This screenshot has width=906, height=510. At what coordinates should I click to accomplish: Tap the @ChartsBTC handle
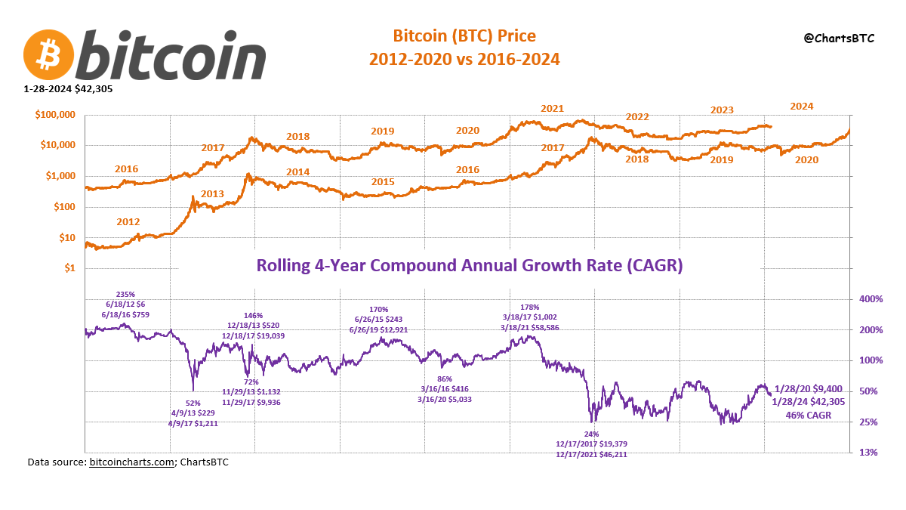click(x=838, y=38)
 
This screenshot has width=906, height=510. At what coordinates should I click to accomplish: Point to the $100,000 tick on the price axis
click(x=55, y=115)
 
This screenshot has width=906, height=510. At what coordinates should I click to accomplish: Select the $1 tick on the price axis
click(x=69, y=268)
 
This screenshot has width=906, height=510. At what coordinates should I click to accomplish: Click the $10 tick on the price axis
click(x=66, y=238)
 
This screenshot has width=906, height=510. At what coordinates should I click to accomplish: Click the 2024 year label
click(x=801, y=107)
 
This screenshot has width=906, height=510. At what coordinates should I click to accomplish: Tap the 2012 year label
click(x=128, y=222)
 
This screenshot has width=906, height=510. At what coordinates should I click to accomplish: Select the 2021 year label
click(x=552, y=109)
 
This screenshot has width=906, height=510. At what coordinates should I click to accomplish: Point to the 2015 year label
click(x=383, y=182)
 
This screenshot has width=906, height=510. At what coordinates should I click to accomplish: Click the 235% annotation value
click(x=125, y=294)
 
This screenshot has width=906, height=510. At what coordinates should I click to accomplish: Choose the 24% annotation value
click(x=591, y=434)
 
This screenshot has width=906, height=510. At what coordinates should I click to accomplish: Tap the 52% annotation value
click(x=193, y=403)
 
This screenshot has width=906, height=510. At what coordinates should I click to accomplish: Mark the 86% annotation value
click(x=444, y=379)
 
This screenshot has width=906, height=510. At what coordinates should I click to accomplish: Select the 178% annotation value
click(x=530, y=307)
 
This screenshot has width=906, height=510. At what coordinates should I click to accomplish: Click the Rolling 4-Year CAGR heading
click(x=470, y=266)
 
